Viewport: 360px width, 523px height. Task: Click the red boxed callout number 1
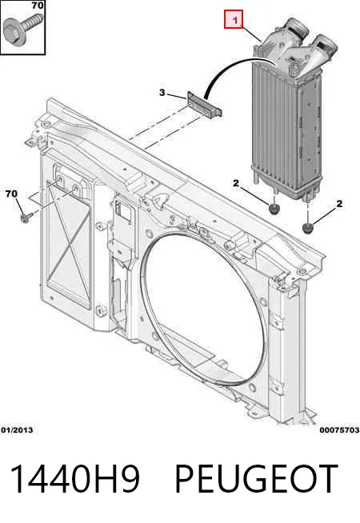tap(234, 19)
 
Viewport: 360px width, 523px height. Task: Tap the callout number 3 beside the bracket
tap(162, 92)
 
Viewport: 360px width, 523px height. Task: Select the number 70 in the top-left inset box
tap(38, 6)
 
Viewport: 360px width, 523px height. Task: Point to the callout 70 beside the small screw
tap(11, 194)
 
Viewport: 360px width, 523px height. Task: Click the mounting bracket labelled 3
tap(204, 105)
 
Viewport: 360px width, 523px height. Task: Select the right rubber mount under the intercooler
tap(307, 228)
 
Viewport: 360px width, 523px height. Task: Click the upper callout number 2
tap(236, 183)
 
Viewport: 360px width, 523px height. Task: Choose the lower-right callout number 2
tap(339, 203)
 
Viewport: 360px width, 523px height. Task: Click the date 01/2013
tap(17, 430)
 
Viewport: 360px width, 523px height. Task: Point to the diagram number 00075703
tap(339, 430)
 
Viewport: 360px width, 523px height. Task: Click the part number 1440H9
tap(74, 479)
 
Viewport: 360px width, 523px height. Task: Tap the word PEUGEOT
tap(256, 479)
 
